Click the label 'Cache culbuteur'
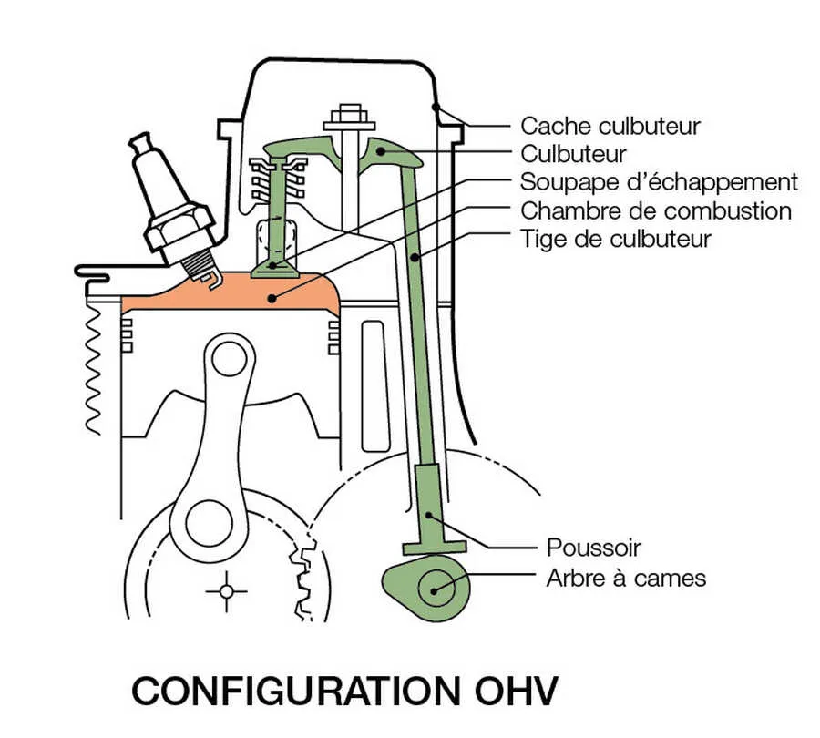(x=610, y=126)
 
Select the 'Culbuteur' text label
(x=573, y=154)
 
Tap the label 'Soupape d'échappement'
(x=659, y=182)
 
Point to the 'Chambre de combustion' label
(x=655, y=211)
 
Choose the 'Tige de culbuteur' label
(x=615, y=240)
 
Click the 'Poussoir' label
(x=593, y=548)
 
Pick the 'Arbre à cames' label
(x=626, y=578)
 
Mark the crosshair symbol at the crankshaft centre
(x=226, y=592)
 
